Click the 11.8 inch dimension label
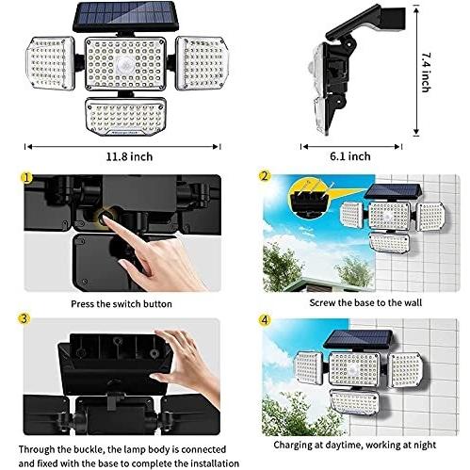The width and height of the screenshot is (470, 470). click(x=129, y=156)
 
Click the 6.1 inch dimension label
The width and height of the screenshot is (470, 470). click(x=350, y=156)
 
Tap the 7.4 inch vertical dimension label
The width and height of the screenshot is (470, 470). click(x=426, y=73)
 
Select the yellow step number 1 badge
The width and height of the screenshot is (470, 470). click(x=26, y=178)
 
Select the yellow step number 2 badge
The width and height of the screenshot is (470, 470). click(x=265, y=176)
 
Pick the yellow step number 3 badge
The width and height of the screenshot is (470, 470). click(x=24, y=319)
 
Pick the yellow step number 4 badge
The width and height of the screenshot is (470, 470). click(x=265, y=320)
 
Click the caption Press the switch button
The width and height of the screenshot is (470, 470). click(x=122, y=304)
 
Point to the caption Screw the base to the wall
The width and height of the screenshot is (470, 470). click(x=365, y=302)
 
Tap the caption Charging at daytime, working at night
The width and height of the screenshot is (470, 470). click(x=355, y=445)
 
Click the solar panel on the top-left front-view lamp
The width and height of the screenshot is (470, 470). click(x=126, y=17)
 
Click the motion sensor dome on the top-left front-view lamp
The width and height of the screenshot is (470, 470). click(x=124, y=65)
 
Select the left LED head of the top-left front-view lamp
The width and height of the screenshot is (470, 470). click(x=50, y=63)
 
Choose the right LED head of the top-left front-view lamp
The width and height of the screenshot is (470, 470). click(x=202, y=63)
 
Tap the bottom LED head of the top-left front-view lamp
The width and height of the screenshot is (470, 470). click(x=125, y=117)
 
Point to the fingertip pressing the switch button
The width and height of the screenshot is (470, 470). click(x=105, y=219)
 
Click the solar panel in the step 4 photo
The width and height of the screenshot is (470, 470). click(x=359, y=340)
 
